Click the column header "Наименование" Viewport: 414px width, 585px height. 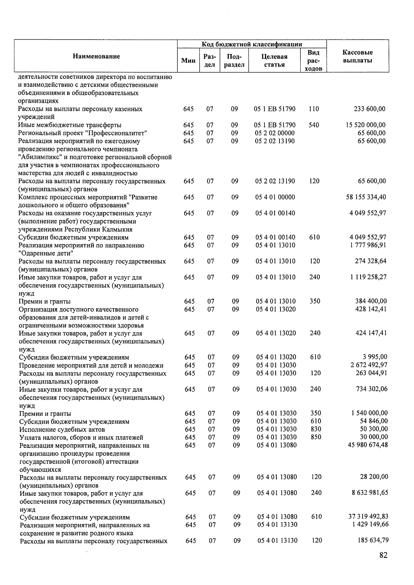pyautogui.click(x=96, y=57)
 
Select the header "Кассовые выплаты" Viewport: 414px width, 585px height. pyautogui.click(x=357, y=57)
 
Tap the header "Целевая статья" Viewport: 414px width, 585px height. pyautogui.click(x=275, y=60)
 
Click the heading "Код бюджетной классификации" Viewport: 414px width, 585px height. pyautogui.click(x=252, y=44)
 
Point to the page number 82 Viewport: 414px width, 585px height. pyautogui.click(x=383, y=555)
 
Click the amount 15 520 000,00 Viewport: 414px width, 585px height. pyautogui.click(x=366, y=125)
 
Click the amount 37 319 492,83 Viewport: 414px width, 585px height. pyautogui.click(x=368, y=516)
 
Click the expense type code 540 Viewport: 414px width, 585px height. pyautogui.click(x=314, y=125)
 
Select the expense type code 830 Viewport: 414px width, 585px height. pyautogui.click(x=316, y=429)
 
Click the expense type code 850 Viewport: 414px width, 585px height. pyautogui.click(x=316, y=437)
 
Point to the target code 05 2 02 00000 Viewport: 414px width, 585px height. pyautogui.click(x=275, y=133)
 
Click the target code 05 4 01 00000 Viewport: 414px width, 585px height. pyautogui.click(x=275, y=197)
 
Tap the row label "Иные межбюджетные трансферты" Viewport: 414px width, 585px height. pyautogui.click(x=70, y=125)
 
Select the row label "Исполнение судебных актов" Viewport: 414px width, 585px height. pyautogui.click(x=62, y=430)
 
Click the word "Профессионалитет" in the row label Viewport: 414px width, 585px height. pyautogui.click(x=119, y=133)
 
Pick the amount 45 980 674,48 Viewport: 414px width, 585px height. pyautogui.click(x=368, y=445)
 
